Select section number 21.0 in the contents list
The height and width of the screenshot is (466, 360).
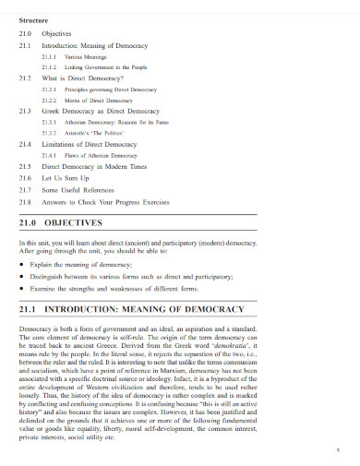[x=25, y=33]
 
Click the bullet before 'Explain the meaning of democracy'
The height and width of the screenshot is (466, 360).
[x=21, y=263]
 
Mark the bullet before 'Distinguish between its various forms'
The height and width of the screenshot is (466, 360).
[x=21, y=274]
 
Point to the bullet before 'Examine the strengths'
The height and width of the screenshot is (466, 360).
[x=21, y=286]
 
